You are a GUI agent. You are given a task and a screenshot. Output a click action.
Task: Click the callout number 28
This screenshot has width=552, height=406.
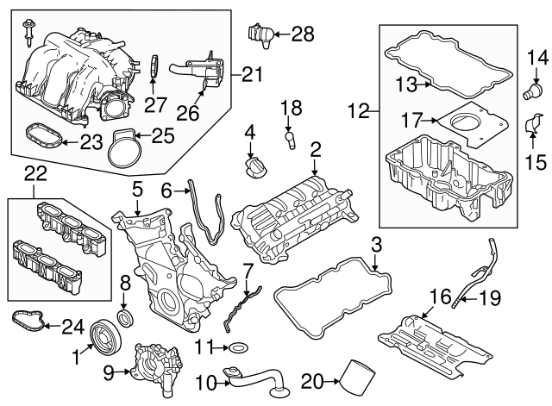tap(303, 34)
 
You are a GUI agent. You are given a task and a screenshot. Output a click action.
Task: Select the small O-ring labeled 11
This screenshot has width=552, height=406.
tap(237, 348)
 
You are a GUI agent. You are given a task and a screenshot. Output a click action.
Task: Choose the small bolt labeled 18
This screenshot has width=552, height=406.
tap(290, 138)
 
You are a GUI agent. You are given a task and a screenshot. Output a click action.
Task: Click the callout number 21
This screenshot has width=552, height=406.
tap(251, 75)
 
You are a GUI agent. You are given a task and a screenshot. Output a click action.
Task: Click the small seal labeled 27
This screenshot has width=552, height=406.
tap(154, 66)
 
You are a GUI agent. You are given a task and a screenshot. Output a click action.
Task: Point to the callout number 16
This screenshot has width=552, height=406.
tap(440, 297)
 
